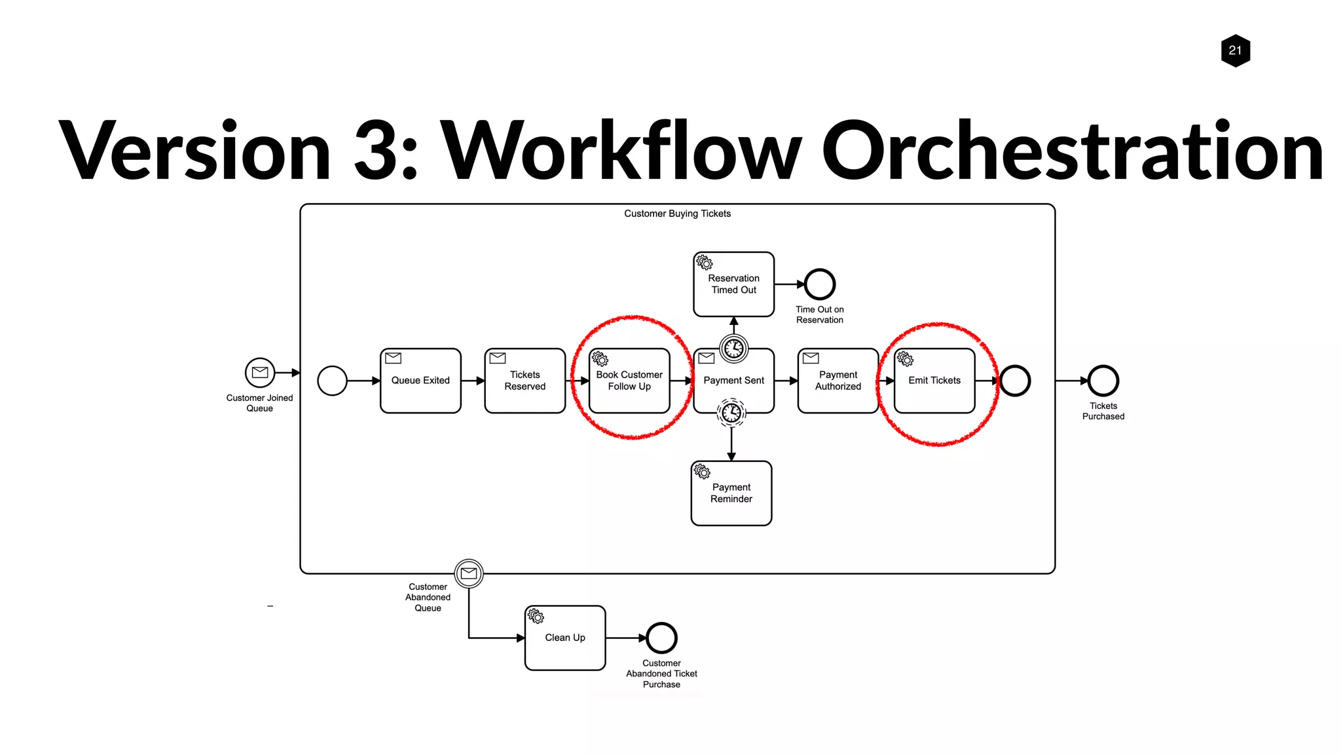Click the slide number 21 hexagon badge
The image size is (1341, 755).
point(1235,50)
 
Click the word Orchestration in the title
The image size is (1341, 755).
point(1072,152)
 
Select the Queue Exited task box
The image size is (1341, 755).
point(420,381)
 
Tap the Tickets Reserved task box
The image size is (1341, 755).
point(524,381)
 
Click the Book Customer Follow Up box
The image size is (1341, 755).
point(629,381)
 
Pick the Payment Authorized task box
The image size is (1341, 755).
point(837,381)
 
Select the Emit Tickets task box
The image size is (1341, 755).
point(934,381)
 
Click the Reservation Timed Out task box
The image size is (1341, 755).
point(733,284)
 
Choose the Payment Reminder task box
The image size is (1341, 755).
point(731,494)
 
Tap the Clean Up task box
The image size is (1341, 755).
point(565,638)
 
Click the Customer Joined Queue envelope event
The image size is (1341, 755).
point(260,373)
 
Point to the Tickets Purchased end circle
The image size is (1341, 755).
point(1103,381)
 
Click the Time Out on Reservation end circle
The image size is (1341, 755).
point(819,284)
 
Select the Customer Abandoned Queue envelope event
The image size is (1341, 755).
point(469,573)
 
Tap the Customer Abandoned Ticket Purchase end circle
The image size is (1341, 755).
point(661,638)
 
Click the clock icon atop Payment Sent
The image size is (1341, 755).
point(733,348)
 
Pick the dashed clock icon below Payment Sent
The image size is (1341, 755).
point(731,413)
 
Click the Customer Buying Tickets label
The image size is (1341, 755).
point(677,214)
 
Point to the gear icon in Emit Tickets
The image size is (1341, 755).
point(905,359)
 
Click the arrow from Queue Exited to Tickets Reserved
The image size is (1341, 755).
point(473,381)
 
